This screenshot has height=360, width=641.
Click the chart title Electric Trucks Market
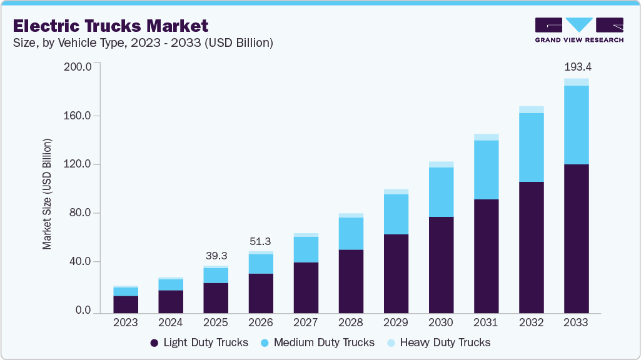[x=110, y=26]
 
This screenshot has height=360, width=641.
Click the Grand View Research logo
[x=578, y=29]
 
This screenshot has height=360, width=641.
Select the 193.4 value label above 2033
[x=576, y=67]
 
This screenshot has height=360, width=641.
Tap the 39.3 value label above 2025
[x=216, y=256]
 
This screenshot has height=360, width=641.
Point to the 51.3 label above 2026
[x=261, y=242]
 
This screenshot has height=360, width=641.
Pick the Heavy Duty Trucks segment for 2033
[x=576, y=82]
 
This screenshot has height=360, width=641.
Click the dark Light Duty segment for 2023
[x=126, y=305]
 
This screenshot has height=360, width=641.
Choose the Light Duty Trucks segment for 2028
[x=351, y=282]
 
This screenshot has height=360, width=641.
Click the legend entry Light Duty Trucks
[x=199, y=342]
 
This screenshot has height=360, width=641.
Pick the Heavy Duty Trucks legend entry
[x=438, y=342]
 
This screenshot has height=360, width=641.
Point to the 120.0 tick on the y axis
[x=79, y=164]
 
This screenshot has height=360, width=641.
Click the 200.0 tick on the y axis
[x=79, y=66]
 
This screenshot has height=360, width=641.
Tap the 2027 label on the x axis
[x=306, y=322]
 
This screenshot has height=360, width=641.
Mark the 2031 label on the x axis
[x=486, y=322]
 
